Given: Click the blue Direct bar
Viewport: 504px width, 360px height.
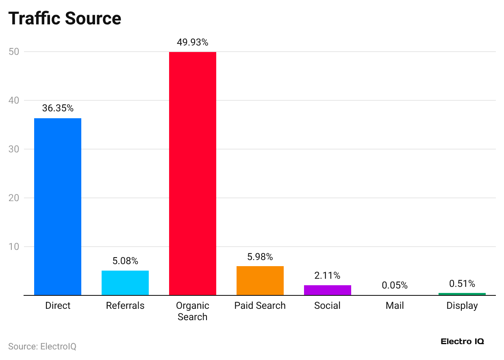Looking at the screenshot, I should [x=58, y=206].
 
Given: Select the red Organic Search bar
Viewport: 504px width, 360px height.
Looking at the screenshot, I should [x=193, y=173].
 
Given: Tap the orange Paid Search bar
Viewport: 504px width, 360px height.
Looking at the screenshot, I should [x=260, y=281].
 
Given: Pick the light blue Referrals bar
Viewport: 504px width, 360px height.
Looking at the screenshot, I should [x=125, y=283].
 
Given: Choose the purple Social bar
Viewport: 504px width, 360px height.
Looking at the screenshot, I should [x=328, y=290].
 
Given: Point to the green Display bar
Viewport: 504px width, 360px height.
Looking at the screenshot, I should [x=462, y=294].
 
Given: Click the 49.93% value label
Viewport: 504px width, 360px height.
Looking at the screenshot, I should [x=193, y=42].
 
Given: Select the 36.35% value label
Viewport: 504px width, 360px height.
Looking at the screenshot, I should [x=58, y=108].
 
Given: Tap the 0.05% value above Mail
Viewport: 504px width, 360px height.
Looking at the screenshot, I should [x=395, y=285].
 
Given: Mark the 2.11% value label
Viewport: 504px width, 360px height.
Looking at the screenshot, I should [x=328, y=275].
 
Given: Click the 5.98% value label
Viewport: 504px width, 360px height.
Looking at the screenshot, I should [x=260, y=257].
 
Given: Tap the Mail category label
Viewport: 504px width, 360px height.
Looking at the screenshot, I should [x=395, y=306].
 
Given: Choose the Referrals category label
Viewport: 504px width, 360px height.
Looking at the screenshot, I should [x=125, y=306].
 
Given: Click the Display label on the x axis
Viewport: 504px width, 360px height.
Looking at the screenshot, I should [x=462, y=306].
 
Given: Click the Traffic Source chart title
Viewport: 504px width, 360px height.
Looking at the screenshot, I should [x=65, y=19].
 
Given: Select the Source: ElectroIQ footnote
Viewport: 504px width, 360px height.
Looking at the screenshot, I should [x=42, y=347].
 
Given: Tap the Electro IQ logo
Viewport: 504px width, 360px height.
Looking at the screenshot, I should [x=462, y=342].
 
